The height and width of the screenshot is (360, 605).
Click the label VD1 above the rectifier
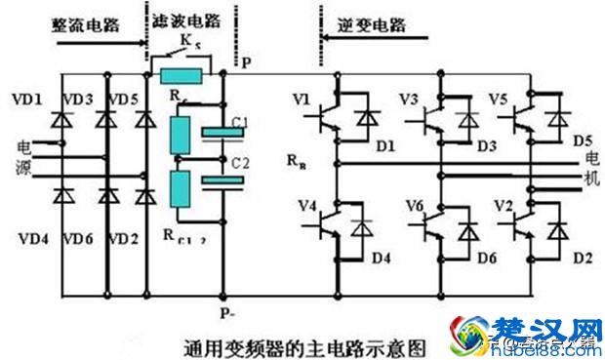(x=26, y=100)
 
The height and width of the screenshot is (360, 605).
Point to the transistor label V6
(x=415, y=205)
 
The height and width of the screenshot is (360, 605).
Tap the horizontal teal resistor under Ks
(x=183, y=76)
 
